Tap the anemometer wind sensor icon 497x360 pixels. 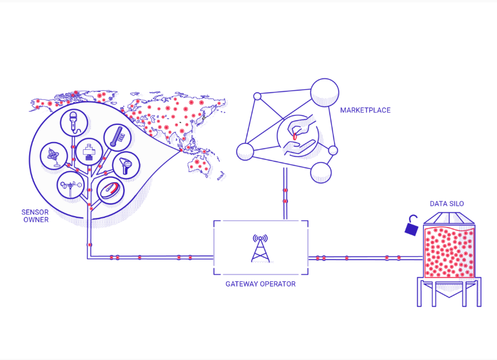[x=70, y=186]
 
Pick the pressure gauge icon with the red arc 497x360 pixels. [x=110, y=190]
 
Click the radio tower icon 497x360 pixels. [x=260, y=248]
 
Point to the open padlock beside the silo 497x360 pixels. [x=412, y=226]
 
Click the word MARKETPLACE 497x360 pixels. [x=365, y=110]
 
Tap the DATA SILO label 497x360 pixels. [x=447, y=204]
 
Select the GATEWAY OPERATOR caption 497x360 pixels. [x=260, y=284]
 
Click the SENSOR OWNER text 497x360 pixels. [x=35, y=216]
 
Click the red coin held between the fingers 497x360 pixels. [x=295, y=137]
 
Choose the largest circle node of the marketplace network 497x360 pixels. [x=324, y=93]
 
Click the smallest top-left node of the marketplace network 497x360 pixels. [x=257, y=96]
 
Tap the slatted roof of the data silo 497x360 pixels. [x=449, y=218]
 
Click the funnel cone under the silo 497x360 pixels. [x=449, y=289]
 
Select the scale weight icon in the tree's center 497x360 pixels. [x=89, y=152]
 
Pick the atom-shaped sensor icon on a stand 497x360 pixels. [x=54, y=156]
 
